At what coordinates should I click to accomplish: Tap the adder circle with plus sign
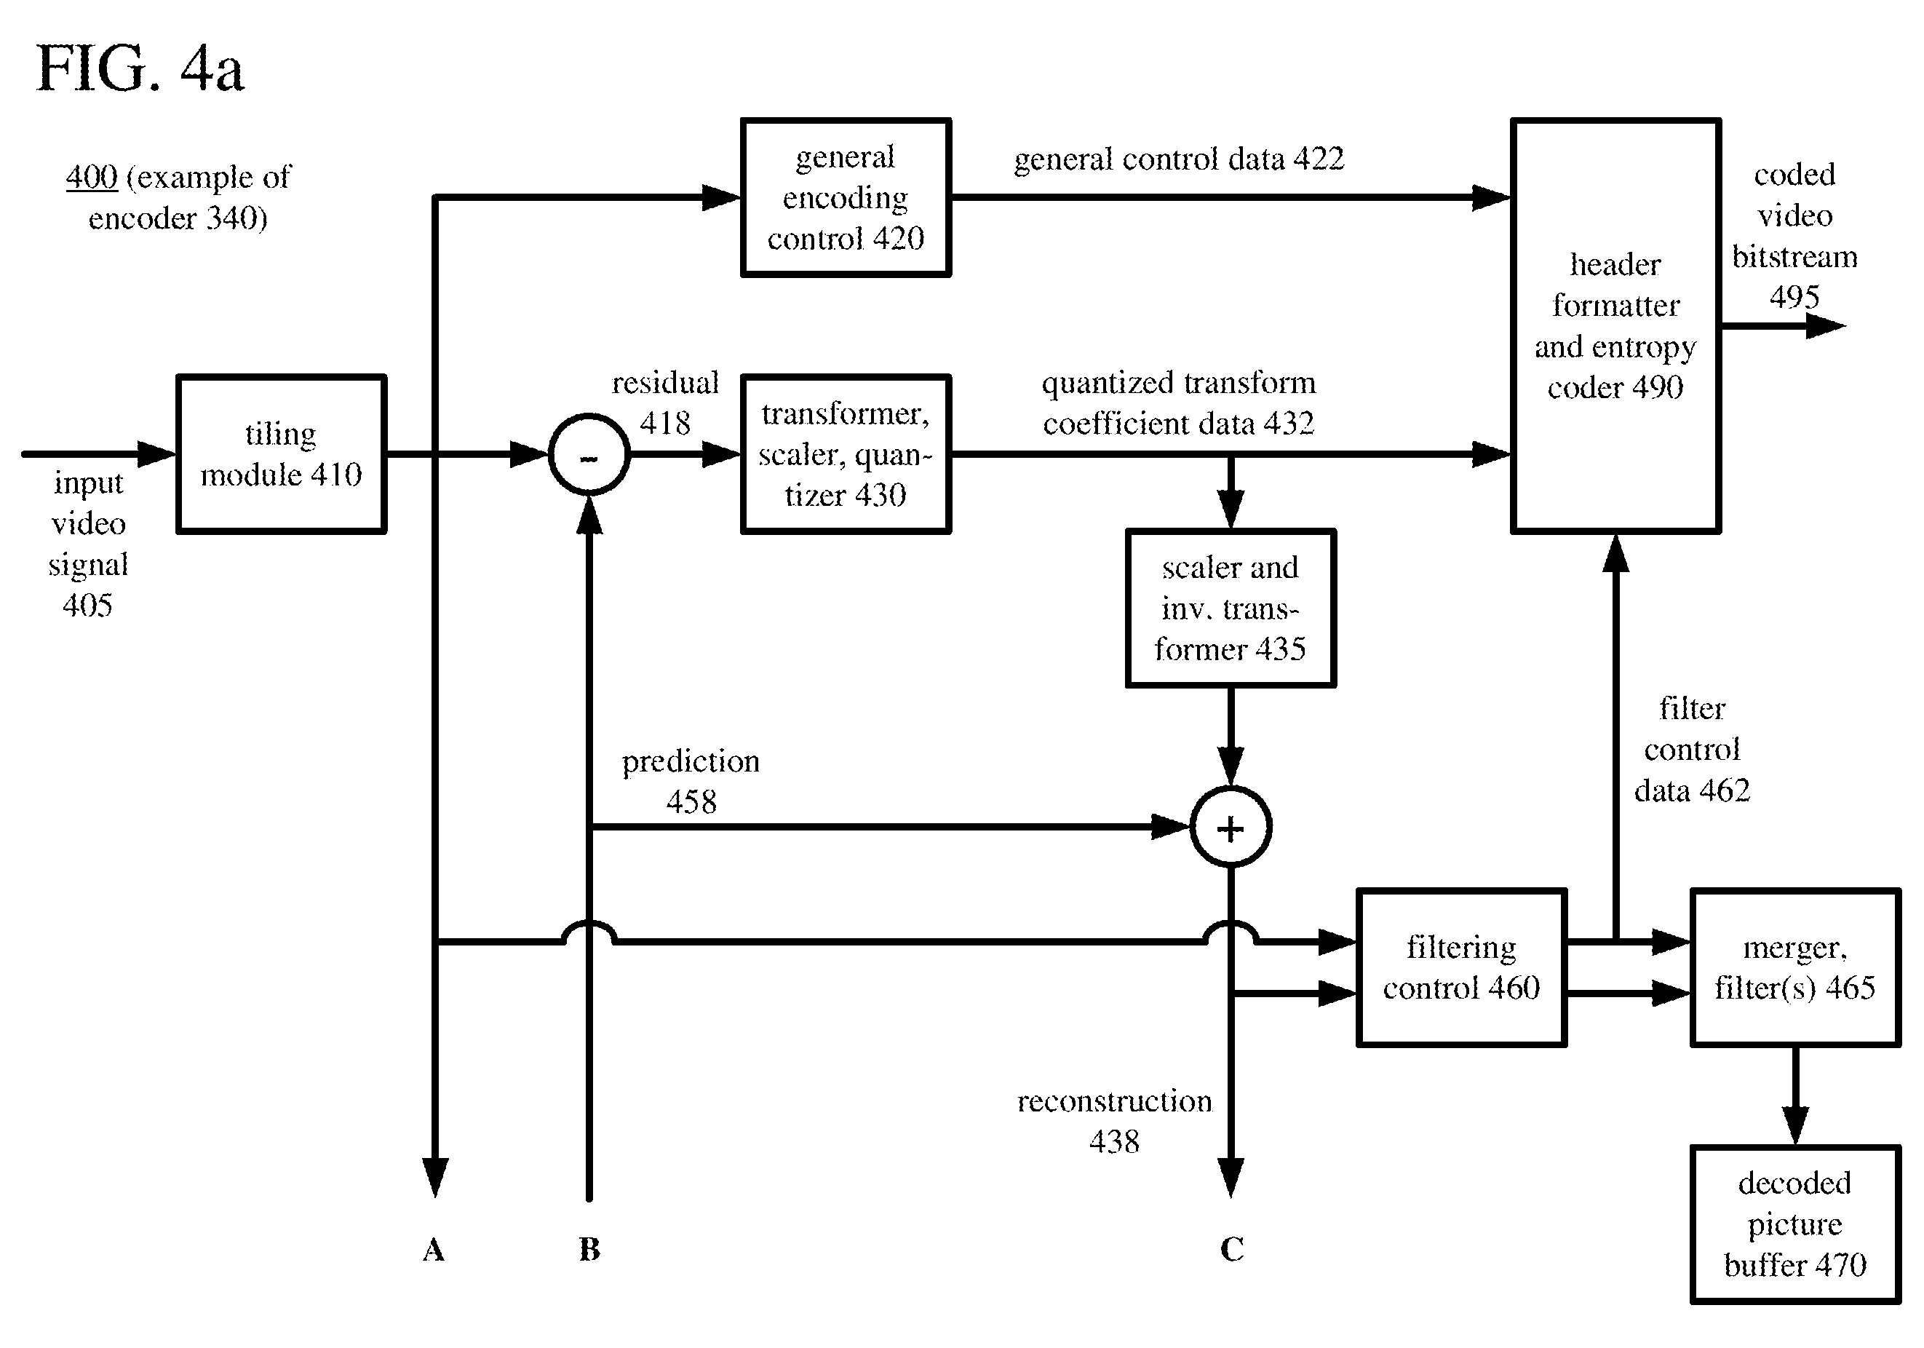point(1231,788)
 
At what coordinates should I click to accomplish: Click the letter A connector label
point(433,1250)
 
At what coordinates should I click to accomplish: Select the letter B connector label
point(589,1250)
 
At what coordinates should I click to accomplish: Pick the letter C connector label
point(1231,1250)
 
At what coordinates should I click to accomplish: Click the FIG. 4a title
point(140,68)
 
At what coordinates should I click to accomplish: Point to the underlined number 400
point(92,177)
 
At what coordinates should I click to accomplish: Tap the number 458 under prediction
point(691,802)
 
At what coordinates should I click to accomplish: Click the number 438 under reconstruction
point(1115,1142)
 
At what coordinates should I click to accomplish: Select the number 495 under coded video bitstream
point(1794,297)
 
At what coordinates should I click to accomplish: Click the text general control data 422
point(1179,159)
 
